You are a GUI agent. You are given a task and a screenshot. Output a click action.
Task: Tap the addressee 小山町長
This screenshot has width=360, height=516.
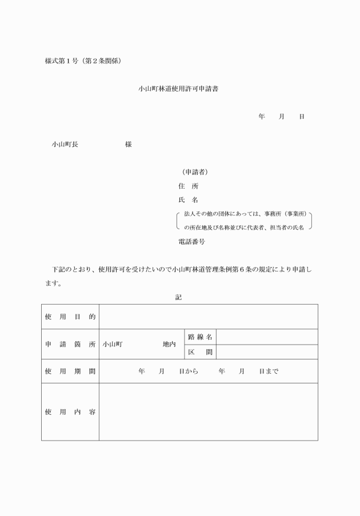click(65, 145)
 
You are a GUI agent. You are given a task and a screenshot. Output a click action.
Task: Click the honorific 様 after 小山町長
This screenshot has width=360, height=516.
click(129, 145)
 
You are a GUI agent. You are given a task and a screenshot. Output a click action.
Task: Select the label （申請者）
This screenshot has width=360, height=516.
click(194, 172)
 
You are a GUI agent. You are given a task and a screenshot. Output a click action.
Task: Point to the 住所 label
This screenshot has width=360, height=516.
click(189, 186)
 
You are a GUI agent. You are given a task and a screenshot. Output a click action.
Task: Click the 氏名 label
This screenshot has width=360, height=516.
click(189, 201)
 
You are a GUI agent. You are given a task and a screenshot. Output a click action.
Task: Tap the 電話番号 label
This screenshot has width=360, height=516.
click(192, 242)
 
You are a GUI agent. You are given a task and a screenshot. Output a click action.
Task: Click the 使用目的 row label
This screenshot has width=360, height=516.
click(70, 317)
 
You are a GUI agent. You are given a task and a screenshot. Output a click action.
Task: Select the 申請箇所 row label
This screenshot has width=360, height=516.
click(70, 345)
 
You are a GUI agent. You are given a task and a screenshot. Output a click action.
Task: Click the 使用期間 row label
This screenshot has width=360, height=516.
click(70, 371)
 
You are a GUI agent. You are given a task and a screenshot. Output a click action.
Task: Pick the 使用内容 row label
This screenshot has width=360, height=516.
click(70, 412)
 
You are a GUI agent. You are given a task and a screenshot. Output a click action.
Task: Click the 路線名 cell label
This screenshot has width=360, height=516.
click(200, 337)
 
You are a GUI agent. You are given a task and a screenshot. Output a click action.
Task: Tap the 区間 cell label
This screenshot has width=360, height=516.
click(200, 352)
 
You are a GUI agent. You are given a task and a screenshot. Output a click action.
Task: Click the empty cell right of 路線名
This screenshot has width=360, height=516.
click(267, 337)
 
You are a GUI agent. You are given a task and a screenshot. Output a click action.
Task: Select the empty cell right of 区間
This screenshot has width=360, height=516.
click(267, 352)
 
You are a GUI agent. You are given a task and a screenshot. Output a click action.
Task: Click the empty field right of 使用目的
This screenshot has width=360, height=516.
click(208, 317)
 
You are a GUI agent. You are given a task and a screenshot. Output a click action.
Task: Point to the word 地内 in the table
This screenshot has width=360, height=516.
click(169, 345)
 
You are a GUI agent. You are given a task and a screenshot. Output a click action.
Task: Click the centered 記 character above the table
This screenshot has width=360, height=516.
click(179, 297)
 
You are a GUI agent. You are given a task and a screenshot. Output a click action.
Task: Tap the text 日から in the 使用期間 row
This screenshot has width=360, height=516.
click(188, 371)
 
